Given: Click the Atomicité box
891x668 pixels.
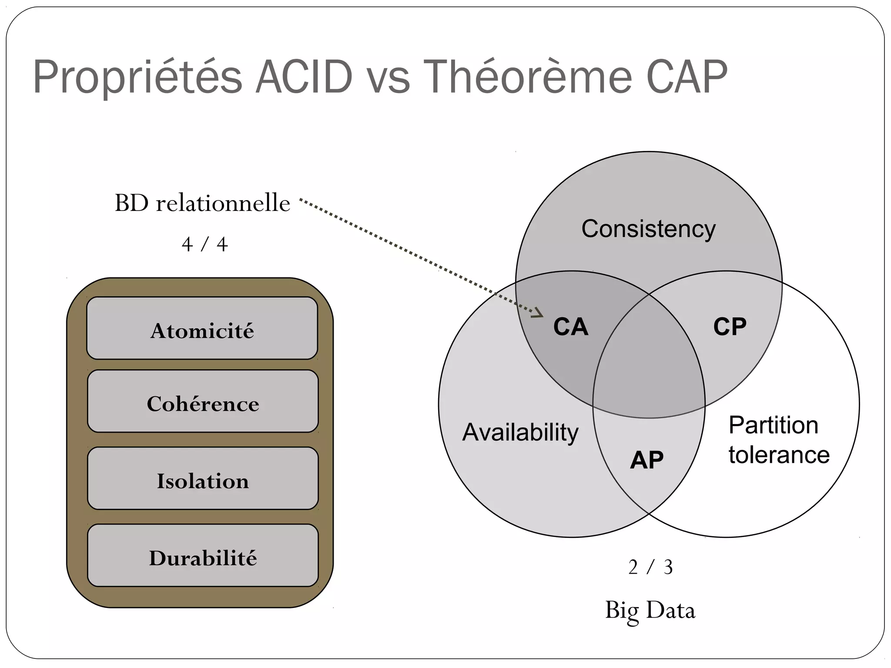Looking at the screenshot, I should tap(202, 329).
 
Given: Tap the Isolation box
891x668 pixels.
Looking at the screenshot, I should tap(203, 479).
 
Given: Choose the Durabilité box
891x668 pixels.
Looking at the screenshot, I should tap(203, 556).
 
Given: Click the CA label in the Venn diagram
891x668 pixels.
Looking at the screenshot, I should tap(571, 327).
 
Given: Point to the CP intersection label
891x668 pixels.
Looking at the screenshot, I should tap(730, 327).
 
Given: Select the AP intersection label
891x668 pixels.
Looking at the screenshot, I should tap(647, 460).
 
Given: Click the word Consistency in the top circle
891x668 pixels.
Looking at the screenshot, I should tap(648, 229).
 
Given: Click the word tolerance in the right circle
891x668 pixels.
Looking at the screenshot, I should tap(779, 455).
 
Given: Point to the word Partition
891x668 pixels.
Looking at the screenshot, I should tap(773, 425).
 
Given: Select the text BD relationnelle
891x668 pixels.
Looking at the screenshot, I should tap(202, 204).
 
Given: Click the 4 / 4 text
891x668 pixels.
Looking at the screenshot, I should tap(204, 244).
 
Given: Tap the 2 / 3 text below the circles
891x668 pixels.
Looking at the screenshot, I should tap(650, 567).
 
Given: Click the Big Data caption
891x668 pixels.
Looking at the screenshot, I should tap(650, 610).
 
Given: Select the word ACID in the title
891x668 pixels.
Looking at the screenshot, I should tap(304, 77).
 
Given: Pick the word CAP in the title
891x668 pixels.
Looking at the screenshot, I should tap(687, 77).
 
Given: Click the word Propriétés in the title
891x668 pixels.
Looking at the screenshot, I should tap(137, 77).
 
